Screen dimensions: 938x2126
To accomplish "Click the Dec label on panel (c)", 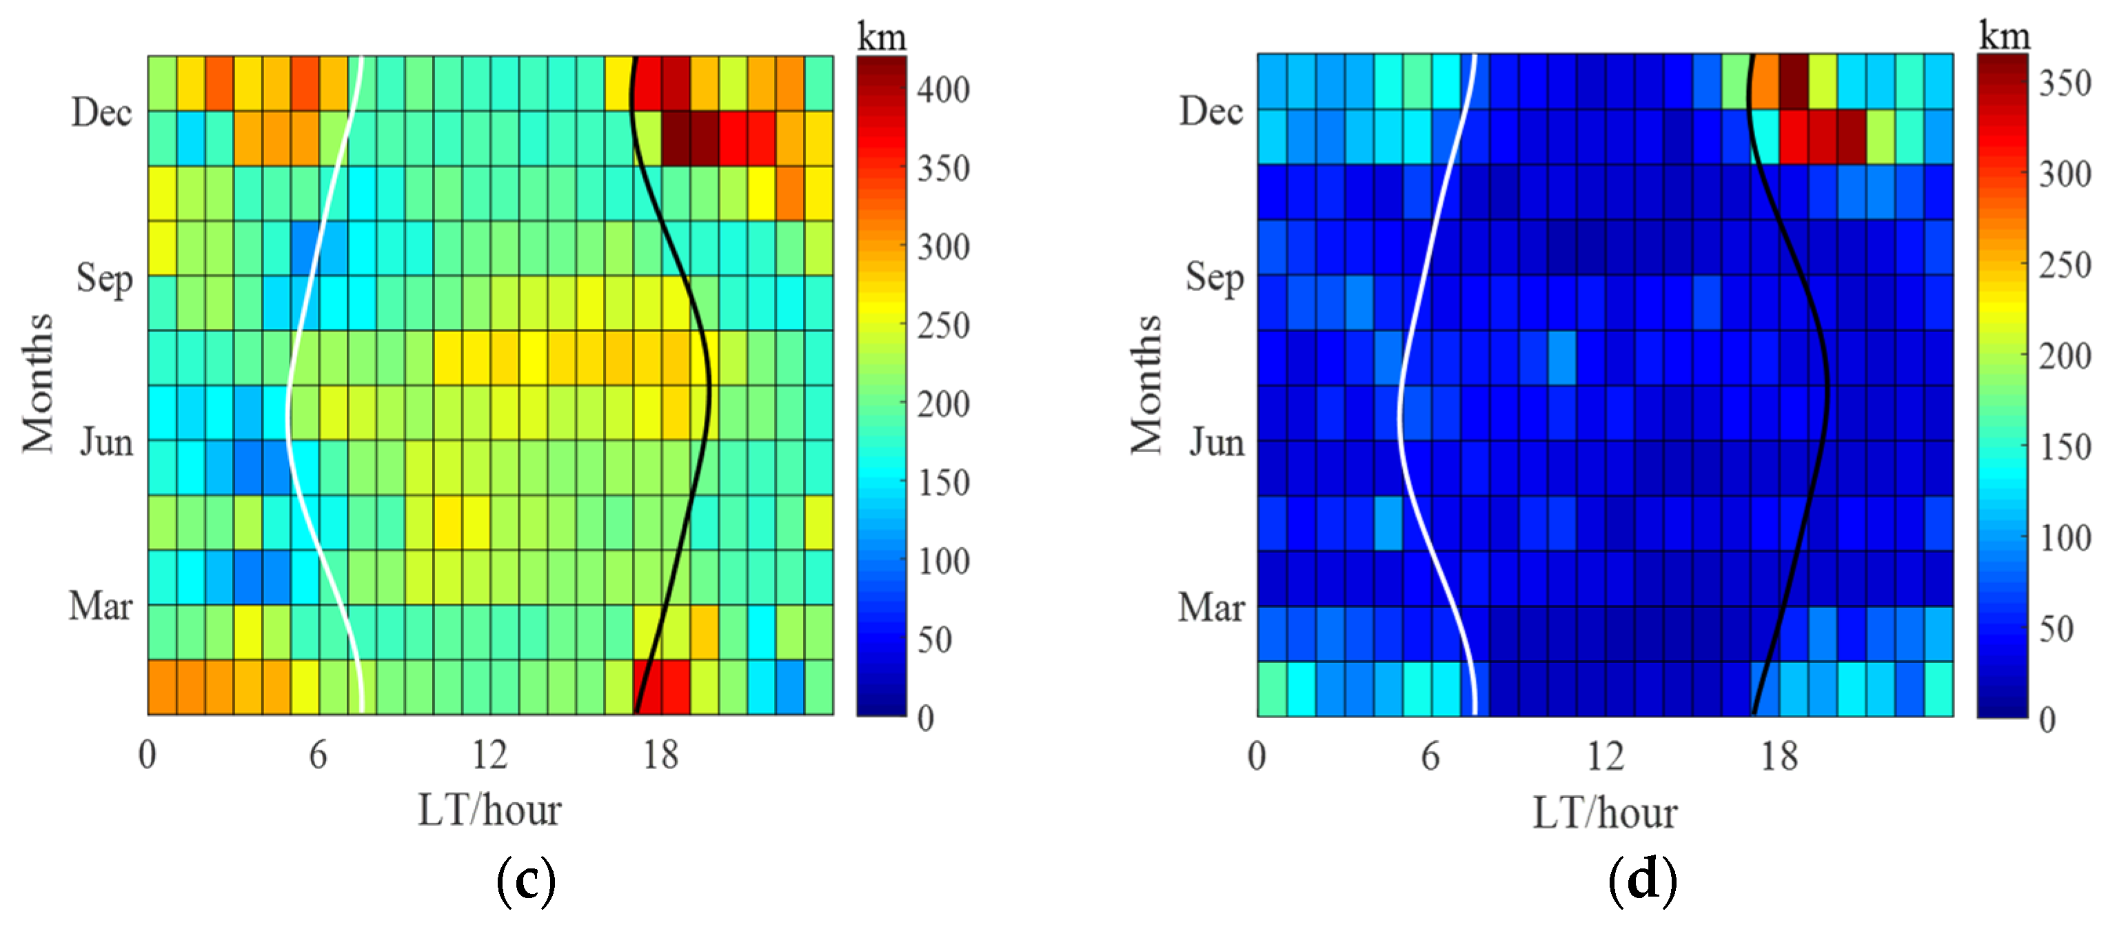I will click(x=101, y=112).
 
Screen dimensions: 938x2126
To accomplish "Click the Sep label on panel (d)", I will click(x=1214, y=277).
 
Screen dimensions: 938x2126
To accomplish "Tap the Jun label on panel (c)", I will click(x=106, y=442).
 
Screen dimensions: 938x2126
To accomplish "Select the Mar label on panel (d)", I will click(x=1211, y=607).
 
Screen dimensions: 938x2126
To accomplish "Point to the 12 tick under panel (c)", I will click(x=489, y=754).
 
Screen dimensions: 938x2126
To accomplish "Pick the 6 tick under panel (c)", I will click(x=318, y=754).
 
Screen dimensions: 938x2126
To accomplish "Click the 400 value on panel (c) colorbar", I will click(x=942, y=89).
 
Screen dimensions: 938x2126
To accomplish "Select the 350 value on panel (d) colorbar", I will click(x=2065, y=83).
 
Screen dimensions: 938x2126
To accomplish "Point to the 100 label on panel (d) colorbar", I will click(x=2065, y=538).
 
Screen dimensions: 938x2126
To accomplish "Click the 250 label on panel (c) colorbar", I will click(x=942, y=325).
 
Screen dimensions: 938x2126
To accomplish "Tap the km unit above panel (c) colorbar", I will click(x=882, y=37).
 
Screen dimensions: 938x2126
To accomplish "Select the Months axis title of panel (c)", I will click(x=38, y=384).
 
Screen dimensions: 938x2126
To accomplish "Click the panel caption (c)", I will click(x=526, y=880).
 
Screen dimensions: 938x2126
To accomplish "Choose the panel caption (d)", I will click(x=1642, y=880).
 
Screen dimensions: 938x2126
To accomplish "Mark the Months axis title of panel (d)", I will click(x=1146, y=384).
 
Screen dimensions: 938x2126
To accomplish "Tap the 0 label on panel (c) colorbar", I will click(x=925, y=717).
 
